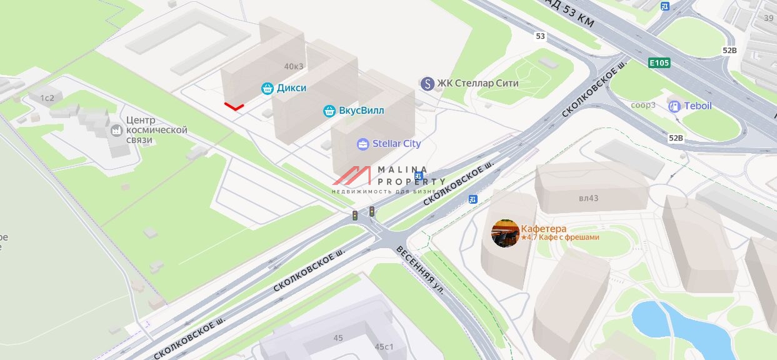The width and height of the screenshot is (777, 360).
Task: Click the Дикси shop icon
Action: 268,88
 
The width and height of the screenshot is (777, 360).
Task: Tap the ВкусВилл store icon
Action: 329,111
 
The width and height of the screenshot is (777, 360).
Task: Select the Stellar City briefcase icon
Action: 363,144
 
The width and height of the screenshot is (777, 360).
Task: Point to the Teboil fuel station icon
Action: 674,106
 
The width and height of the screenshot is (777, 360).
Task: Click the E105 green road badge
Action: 659,62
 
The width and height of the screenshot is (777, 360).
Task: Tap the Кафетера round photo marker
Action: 505,233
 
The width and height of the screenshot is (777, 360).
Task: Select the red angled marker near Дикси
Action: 234,107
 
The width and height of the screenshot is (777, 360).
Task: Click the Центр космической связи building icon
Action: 116,131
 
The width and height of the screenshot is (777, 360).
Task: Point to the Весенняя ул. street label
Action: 421,271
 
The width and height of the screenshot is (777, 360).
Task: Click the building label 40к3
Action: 293,66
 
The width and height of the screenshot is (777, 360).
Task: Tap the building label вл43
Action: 588,199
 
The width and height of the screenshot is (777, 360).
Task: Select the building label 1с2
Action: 48,98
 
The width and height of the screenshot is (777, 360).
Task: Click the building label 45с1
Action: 384,347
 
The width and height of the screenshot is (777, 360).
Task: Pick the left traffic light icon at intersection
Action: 355,216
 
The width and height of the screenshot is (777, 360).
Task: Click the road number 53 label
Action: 540,36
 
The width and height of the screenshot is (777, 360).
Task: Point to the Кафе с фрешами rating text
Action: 560,237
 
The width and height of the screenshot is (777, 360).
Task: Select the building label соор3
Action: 643,105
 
